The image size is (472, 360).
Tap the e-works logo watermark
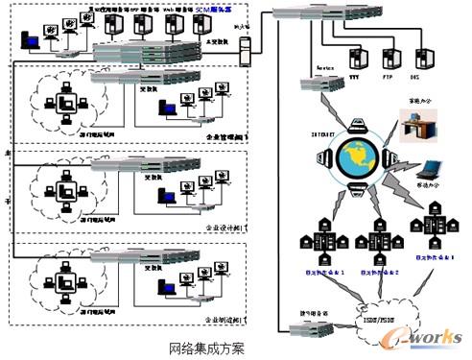click(428, 337)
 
